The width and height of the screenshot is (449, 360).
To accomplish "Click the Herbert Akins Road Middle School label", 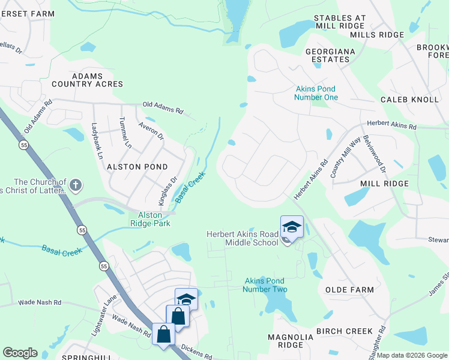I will tap(243, 238).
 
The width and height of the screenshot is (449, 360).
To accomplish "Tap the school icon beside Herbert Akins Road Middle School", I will tap(292, 227).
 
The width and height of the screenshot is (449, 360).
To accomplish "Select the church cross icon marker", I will tap(75, 185).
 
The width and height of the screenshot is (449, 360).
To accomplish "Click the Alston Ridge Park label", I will tap(150, 219).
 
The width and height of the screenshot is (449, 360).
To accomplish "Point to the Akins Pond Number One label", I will tap(316, 93).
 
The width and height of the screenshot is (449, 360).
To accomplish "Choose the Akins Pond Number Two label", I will tap(265, 285).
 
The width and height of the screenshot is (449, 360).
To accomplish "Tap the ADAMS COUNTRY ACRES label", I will tap(87, 80).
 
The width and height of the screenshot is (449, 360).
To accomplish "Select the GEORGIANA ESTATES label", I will tap(336, 55).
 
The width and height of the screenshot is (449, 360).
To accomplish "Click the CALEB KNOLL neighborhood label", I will tap(409, 99).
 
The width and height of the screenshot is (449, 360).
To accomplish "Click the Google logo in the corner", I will tap(20, 353).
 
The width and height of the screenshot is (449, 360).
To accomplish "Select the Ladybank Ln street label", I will tap(95, 141).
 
